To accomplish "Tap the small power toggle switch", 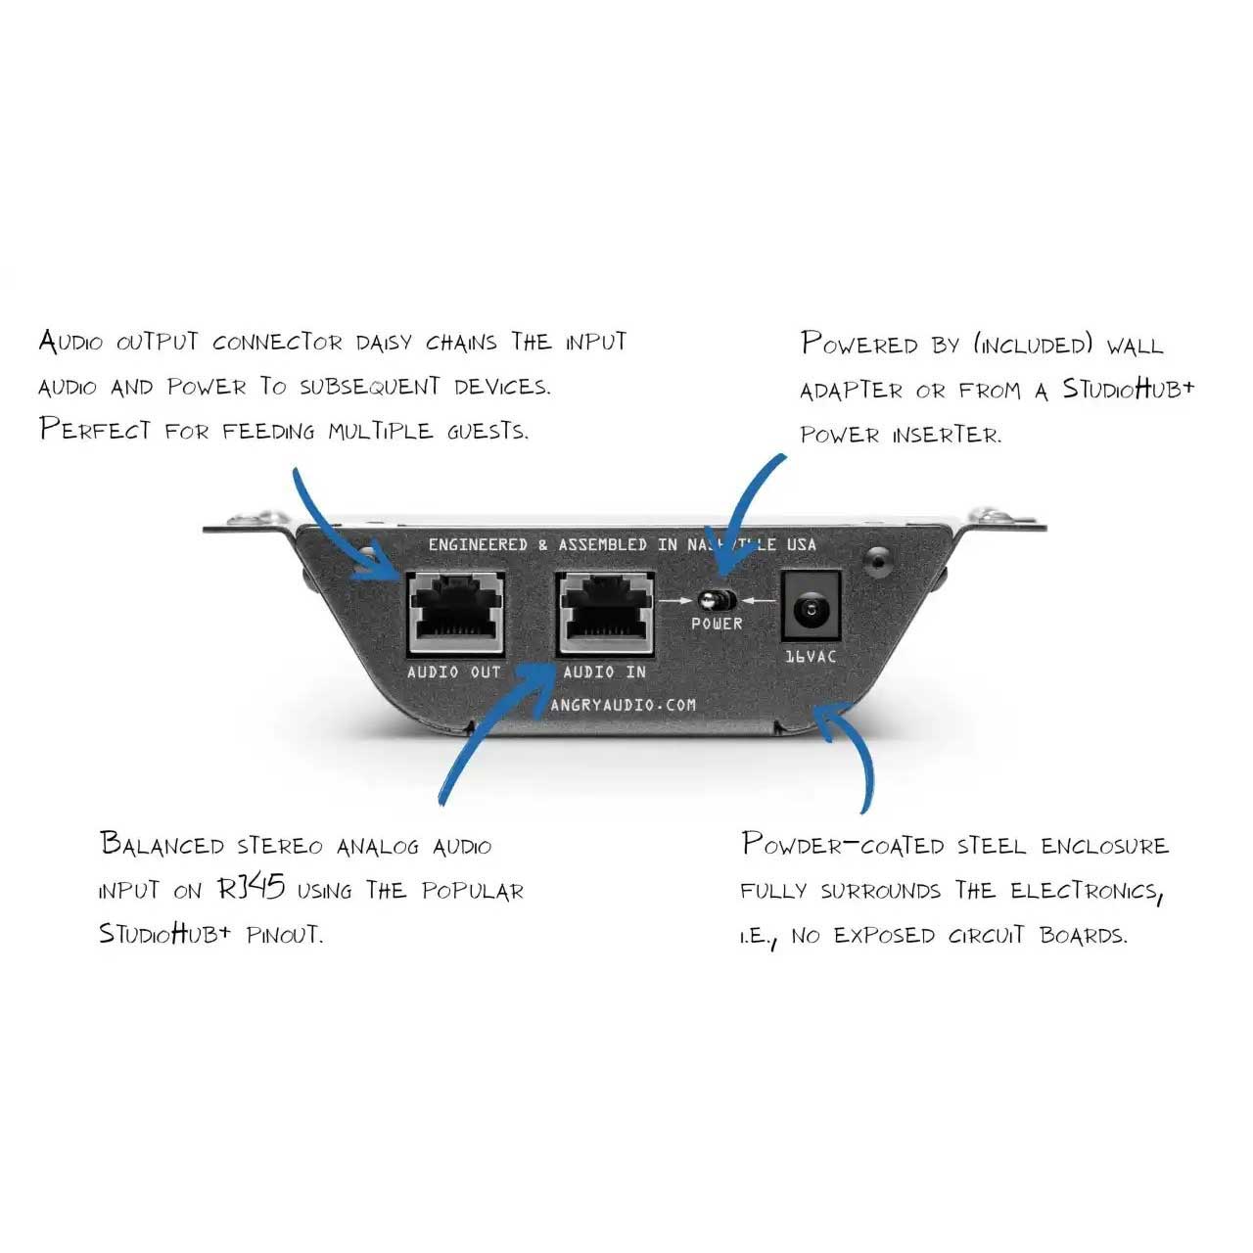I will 718,599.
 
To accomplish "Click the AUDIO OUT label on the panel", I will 454,673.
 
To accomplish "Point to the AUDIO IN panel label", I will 604,673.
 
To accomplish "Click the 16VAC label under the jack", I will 812,657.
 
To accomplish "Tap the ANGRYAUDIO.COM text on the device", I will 624,705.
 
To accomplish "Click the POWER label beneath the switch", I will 718,624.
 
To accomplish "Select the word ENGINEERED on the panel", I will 478,545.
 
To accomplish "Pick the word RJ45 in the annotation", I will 251,889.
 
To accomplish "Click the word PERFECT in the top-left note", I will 96,430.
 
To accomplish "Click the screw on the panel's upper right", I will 878,560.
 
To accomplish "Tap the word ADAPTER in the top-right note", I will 851,390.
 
